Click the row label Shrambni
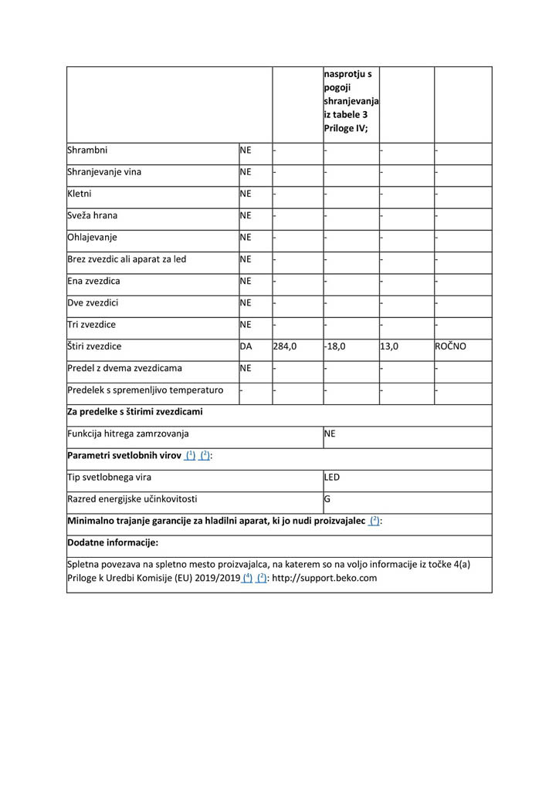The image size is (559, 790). (87, 150)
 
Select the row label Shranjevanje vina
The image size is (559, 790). (104, 172)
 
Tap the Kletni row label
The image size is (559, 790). (80, 194)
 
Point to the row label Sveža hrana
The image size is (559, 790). (93, 216)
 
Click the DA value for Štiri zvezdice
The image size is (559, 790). (246, 347)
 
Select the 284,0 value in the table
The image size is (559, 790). (285, 347)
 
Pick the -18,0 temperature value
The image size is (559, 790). (335, 347)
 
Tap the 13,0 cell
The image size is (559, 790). (389, 347)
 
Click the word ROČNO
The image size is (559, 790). (451, 347)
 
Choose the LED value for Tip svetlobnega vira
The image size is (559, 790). (332, 478)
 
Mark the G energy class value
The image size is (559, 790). (327, 499)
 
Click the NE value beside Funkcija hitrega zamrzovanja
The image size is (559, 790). (330, 434)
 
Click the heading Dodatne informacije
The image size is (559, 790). (113, 542)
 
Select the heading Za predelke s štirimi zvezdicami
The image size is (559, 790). (135, 412)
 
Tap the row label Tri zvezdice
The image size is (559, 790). (92, 325)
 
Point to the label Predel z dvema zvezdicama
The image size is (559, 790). (125, 369)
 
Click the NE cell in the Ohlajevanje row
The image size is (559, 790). (246, 238)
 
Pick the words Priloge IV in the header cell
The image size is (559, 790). (345, 129)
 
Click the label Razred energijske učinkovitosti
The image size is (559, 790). (138, 499)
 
